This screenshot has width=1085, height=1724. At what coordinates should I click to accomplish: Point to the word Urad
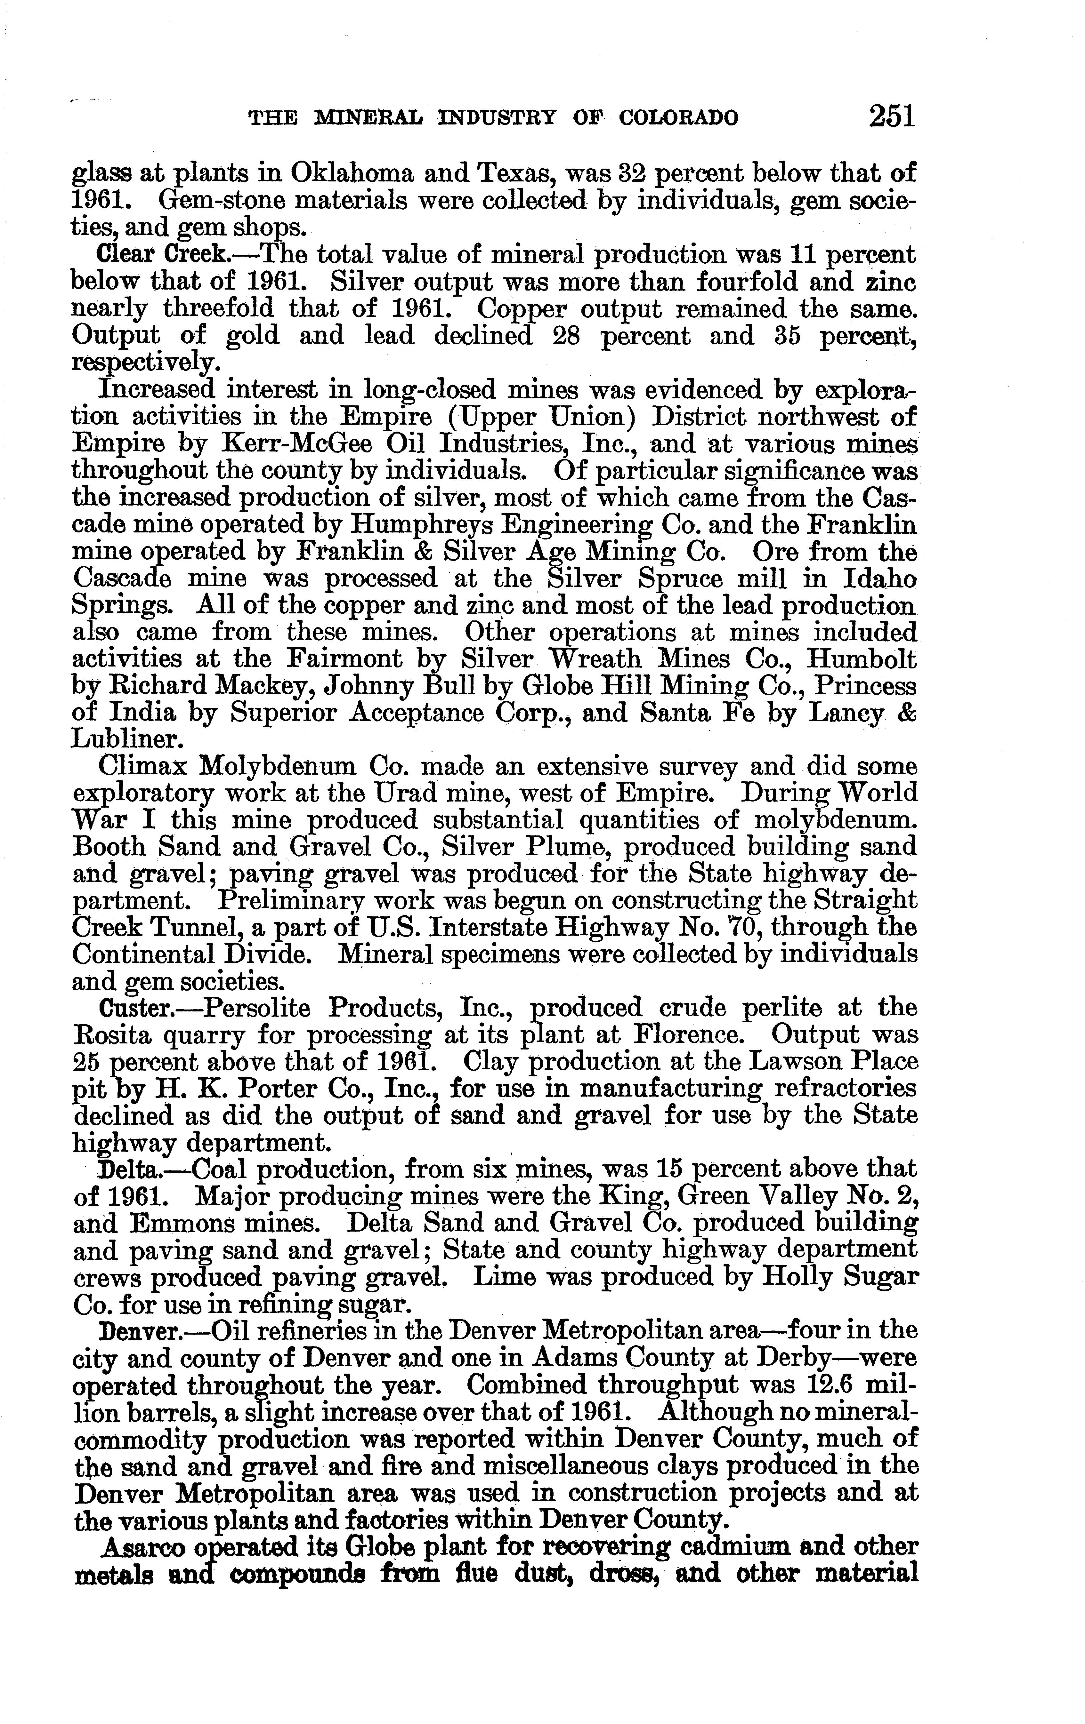pos(416,793)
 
